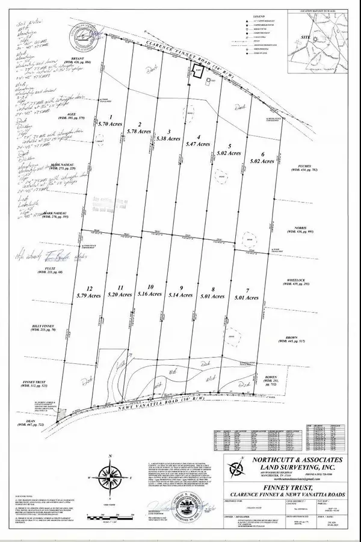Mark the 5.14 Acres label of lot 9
[181, 295]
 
